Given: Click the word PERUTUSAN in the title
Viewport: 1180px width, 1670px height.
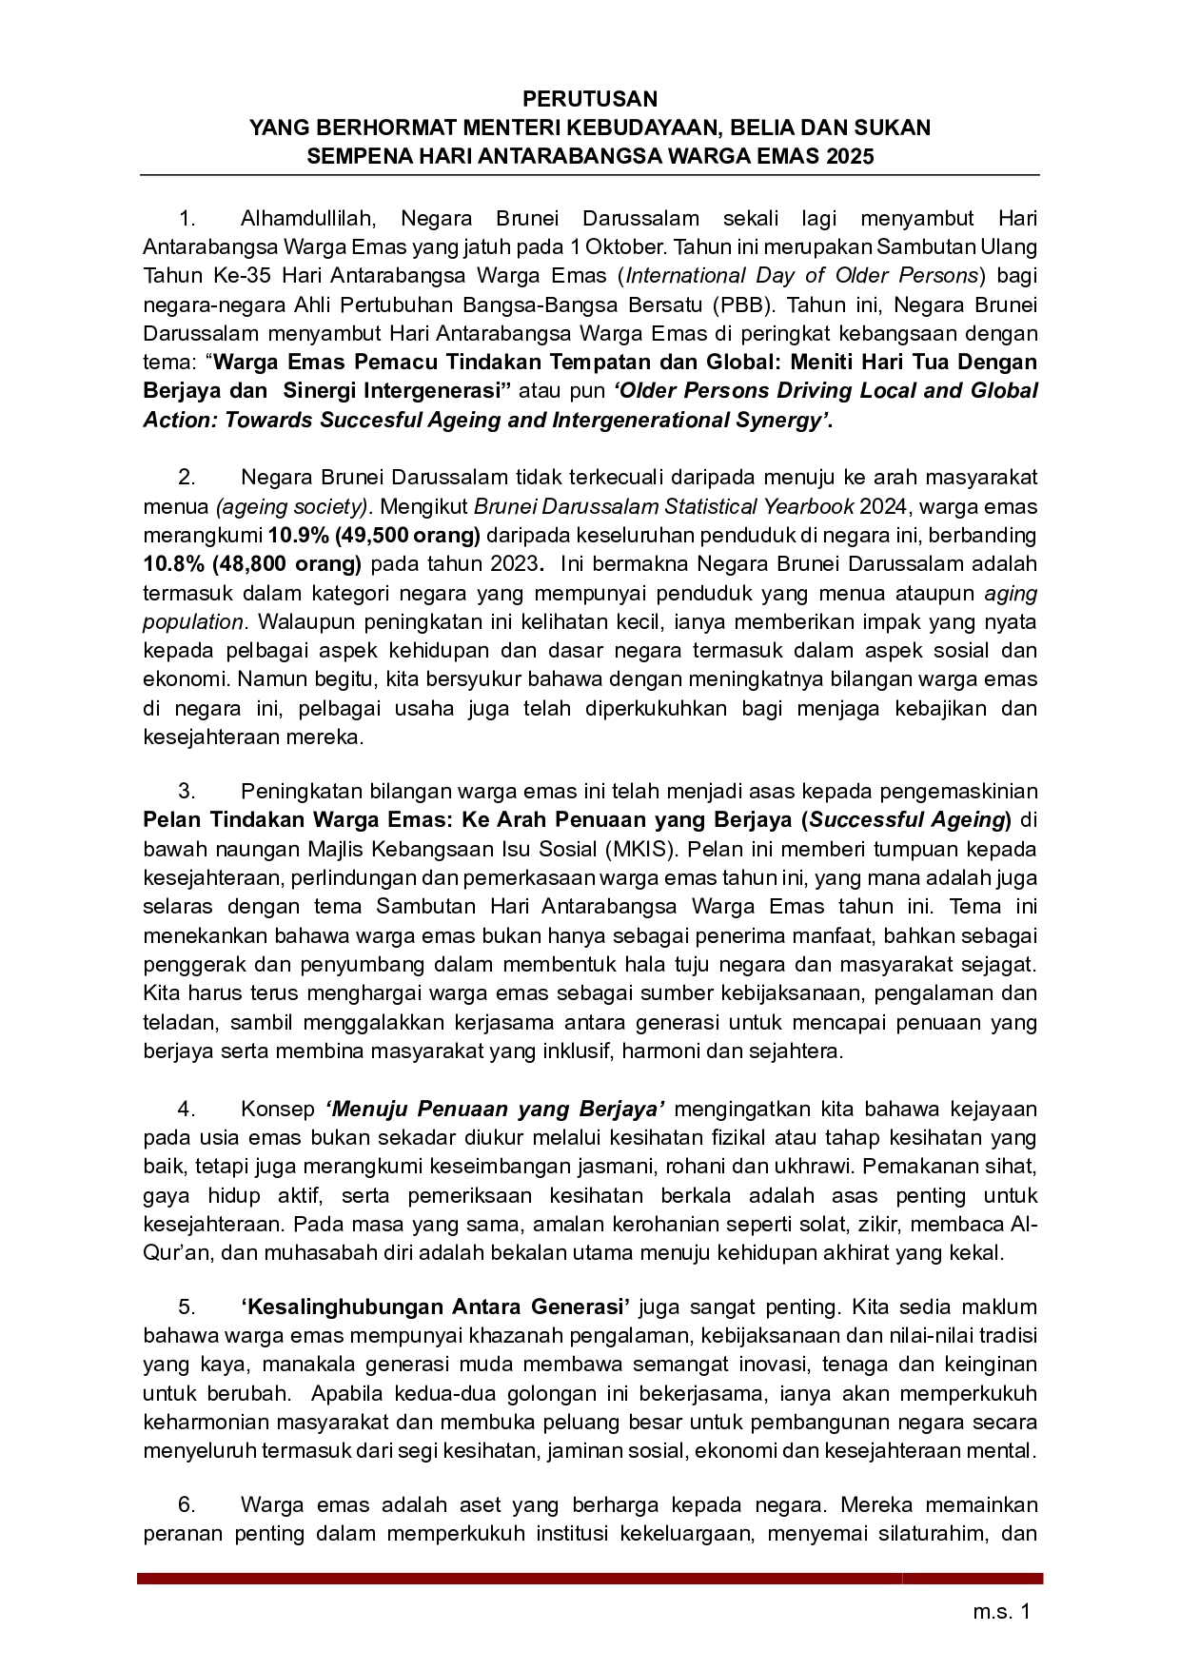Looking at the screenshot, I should [x=589, y=99].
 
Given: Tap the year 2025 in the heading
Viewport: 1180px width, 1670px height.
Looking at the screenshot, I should [x=850, y=157].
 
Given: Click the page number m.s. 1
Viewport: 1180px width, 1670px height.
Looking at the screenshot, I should [x=1001, y=1612].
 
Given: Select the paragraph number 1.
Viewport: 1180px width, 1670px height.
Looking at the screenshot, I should [x=187, y=219].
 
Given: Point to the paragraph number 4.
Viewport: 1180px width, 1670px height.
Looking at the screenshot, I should [x=187, y=1109].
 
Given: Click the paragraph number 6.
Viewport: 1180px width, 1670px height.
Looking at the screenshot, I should [x=187, y=1505].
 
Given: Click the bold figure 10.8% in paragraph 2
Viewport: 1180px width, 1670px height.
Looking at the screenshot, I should [x=173, y=563].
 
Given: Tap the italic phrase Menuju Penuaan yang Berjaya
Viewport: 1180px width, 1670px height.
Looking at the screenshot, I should [x=495, y=1109].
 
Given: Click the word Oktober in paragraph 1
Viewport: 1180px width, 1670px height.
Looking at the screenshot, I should [x=632, y=247].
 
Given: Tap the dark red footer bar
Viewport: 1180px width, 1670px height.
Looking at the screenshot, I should [x=589, y=1578].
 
